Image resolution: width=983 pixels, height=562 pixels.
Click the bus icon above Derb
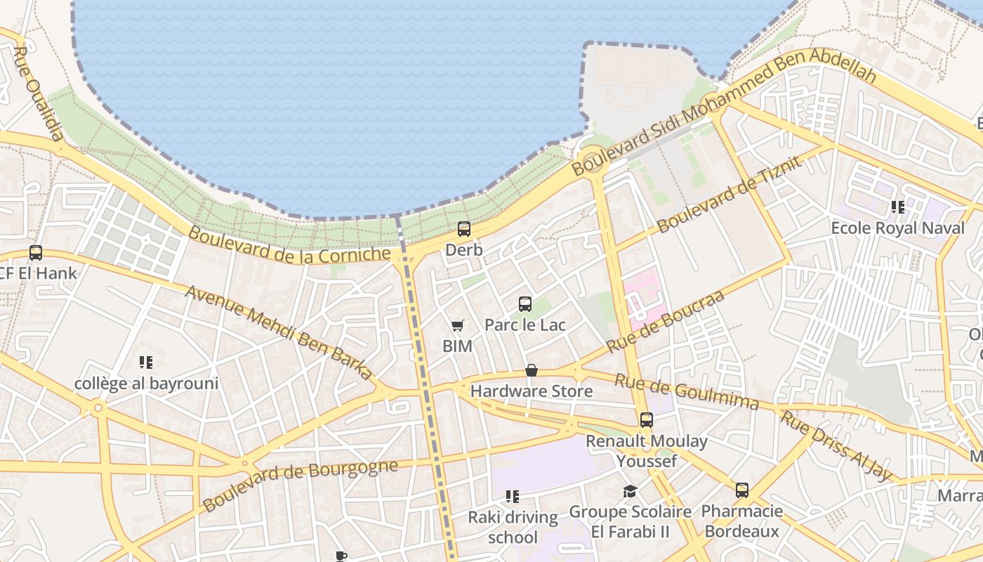click(x=463, y=228)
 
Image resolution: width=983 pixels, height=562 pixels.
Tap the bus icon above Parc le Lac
click(x=525, y=304)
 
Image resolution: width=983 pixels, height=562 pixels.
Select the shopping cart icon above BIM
click(x=457, y=325)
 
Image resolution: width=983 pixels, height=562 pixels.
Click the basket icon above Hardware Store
click(x=532, y=370)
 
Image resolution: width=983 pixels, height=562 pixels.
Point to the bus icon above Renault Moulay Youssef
click(x=646, y=420)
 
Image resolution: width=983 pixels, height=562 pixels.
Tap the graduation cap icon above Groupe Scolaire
click(x=630, y=491)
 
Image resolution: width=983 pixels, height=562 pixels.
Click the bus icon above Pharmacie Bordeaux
click(x=741, y=490)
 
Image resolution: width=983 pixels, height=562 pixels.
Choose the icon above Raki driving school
click(x=513, y=497)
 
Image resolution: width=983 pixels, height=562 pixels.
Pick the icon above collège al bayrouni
click(x=146, y=362)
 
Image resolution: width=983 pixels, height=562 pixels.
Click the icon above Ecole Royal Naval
click(x=897, y=207)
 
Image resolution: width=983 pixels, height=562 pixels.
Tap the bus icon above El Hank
click(x=35, y=252)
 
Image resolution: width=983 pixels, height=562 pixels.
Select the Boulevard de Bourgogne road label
click(x=300, y=484)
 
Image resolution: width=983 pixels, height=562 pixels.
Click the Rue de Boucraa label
click(x=664, y=321)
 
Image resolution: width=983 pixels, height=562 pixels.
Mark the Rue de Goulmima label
click(x=687, y=392)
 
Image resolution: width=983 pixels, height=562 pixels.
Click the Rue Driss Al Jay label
click(x=837, y=447)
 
